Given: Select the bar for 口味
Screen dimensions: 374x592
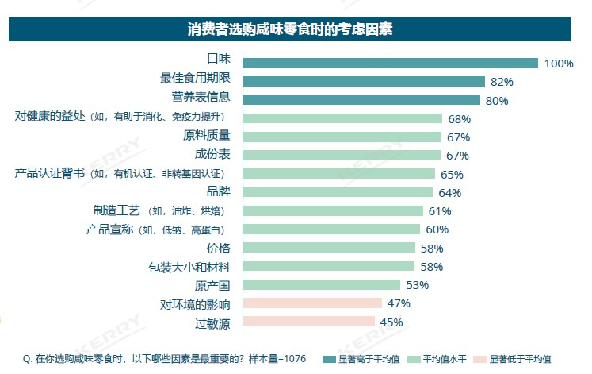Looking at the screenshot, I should click(x=390, y=64).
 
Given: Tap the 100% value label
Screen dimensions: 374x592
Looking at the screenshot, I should click(x=559, y=64).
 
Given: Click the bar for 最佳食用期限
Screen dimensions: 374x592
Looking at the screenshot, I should click(x=364, y=82).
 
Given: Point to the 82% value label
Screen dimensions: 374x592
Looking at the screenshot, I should click(x=502, y=82).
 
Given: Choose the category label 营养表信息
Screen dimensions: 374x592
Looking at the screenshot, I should click(x=201, y=100).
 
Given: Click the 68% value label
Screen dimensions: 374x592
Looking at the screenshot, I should click(x=459, y=119).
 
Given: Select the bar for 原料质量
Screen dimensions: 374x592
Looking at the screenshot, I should click(x=342, y=137).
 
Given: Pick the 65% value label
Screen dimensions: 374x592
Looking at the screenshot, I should click(x=452, y=174).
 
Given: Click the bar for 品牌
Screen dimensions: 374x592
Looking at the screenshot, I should click(x=338, y=192).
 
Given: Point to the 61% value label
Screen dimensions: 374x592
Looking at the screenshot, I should click(x=440, y=211).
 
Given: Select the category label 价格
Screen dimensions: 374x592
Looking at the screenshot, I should click(x=218, y=248).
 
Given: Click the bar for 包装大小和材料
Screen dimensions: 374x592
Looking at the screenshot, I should click(x=328, y=266).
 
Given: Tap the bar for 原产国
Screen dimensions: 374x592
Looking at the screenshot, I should click(x=321, y=284).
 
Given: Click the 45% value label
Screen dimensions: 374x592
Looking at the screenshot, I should click(x=391, y=322).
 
